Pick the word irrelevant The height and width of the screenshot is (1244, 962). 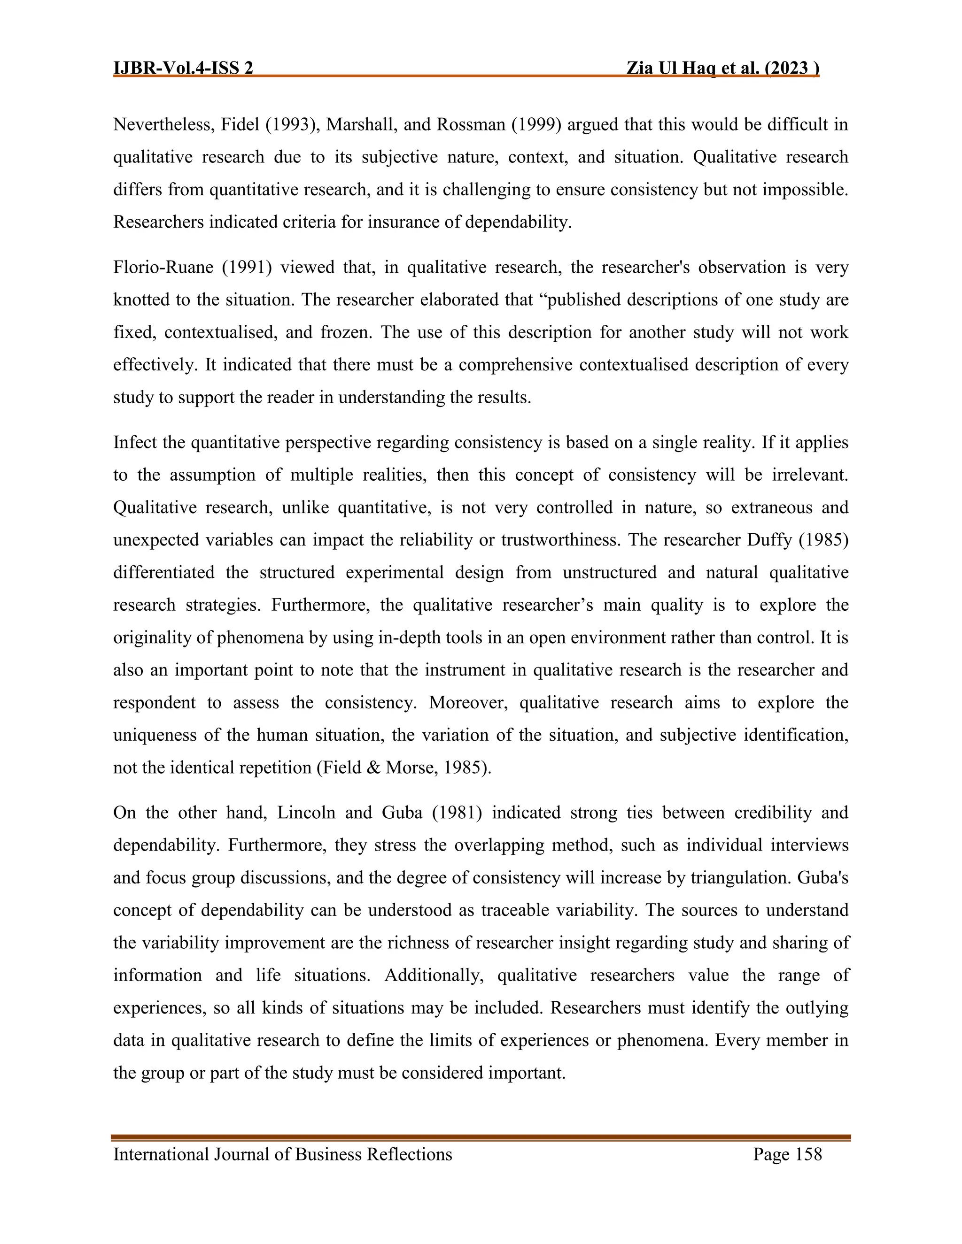coord(809,475)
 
